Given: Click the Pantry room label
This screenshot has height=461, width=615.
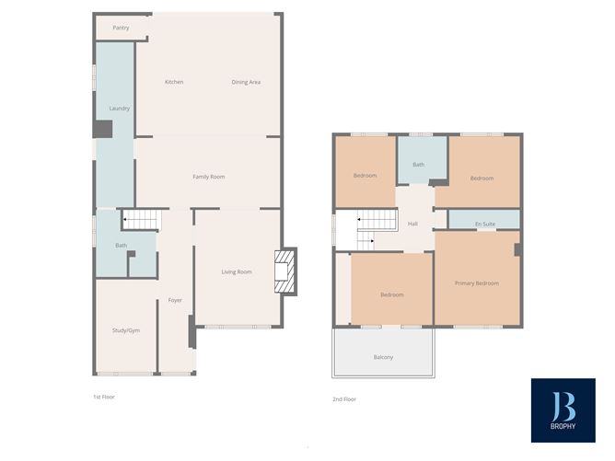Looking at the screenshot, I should pyautogui.click(x=121, y=28).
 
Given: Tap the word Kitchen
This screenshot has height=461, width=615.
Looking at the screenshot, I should pyautogui.click(x=174, y=82).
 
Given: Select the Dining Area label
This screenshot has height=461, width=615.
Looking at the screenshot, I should pyautogui.click(x=246, y=82).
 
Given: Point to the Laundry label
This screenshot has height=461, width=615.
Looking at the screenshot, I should pyautogui.click(x=119, y=108).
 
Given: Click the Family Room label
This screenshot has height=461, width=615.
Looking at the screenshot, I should pyautogui.click(x=208, y=176).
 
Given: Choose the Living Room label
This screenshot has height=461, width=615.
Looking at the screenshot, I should pyautogui.click(x=237, y=271).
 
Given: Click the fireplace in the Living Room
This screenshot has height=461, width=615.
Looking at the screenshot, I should pyautogui.click(x=286, y=271).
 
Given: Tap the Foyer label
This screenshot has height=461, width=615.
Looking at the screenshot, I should pyautogui.click(x=175, y=301).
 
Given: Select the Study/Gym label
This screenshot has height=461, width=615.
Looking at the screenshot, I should pyautogui.click(x=126, y=329).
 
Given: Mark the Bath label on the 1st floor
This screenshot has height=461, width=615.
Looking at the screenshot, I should pyautogui.click(x=121, y=246).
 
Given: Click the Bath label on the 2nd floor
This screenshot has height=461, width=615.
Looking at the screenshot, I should pyautogui.click(x=418, y=165).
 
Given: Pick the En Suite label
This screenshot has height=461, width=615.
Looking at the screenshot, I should pyautogui.click(x=484, y=224).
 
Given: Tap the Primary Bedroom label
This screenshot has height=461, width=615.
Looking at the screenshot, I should pyautogui.click(x=477, y=283).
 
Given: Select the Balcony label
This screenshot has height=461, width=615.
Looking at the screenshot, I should pyautogui.click(x=383, y=357).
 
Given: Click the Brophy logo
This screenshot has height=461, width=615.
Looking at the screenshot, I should pyautogui.click(x=562, y=410).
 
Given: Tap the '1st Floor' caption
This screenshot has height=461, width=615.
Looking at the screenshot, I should pyautogui.click(x=103, y=398).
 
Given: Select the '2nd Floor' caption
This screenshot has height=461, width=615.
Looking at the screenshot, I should pyautogui.click(x=344, y=399).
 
